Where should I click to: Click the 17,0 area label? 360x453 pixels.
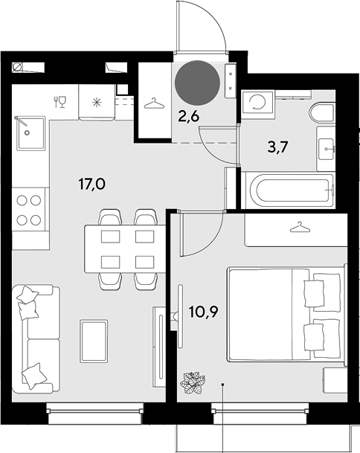coord(92,184)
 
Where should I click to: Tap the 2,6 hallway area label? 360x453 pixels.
coord(189,117)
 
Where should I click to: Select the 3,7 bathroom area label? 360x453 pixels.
coord(277,147)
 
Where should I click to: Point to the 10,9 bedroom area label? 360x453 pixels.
coord(203,312)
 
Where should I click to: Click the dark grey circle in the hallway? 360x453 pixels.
coord(197,83)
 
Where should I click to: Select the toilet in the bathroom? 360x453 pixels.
coord(322,113)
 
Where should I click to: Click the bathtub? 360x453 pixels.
coord(289,190)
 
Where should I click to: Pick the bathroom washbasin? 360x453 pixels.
coord(327,149)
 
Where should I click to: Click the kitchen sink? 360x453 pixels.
coord(30,133)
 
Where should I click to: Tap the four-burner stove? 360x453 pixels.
coord(28,210)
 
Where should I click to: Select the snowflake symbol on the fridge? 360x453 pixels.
coord(97,102)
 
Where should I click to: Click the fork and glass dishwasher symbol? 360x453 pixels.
coord(60,102)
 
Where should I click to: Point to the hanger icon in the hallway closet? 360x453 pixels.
coord(154,103)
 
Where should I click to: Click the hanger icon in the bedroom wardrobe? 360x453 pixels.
coord(300,227)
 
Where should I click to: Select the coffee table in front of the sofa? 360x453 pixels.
coord(94,341)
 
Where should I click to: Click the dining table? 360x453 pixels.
coord(125,248)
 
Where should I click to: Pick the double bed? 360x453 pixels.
coord(286,314)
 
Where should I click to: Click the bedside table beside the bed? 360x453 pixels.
coord(335,380)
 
